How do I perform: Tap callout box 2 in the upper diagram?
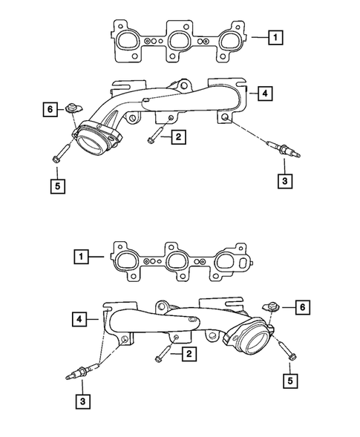tap(177, 137)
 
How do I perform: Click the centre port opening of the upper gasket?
tap(177, 42)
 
